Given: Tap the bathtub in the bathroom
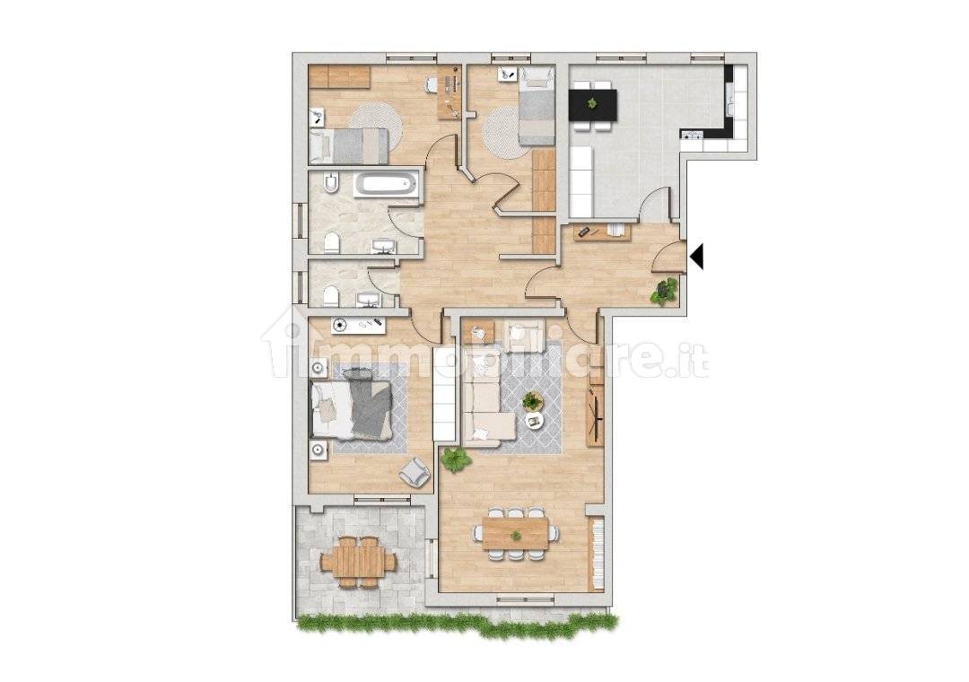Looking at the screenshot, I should pos(386,185).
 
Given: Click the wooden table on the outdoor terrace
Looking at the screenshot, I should pos(359,561).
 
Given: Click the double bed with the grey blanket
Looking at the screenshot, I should pos(352,408).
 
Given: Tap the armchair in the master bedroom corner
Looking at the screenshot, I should pos(415,471).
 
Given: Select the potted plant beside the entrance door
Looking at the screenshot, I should pos(666,291).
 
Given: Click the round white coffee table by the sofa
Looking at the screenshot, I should pos(535,420).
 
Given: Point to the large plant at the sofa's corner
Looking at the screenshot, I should pos(456,459).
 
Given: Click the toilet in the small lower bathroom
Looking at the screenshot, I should pos(330,295).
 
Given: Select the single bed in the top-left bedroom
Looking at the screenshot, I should pos(350,145).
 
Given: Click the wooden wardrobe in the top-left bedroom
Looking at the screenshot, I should pos(339,77).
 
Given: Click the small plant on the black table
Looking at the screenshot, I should pos(591,103).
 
